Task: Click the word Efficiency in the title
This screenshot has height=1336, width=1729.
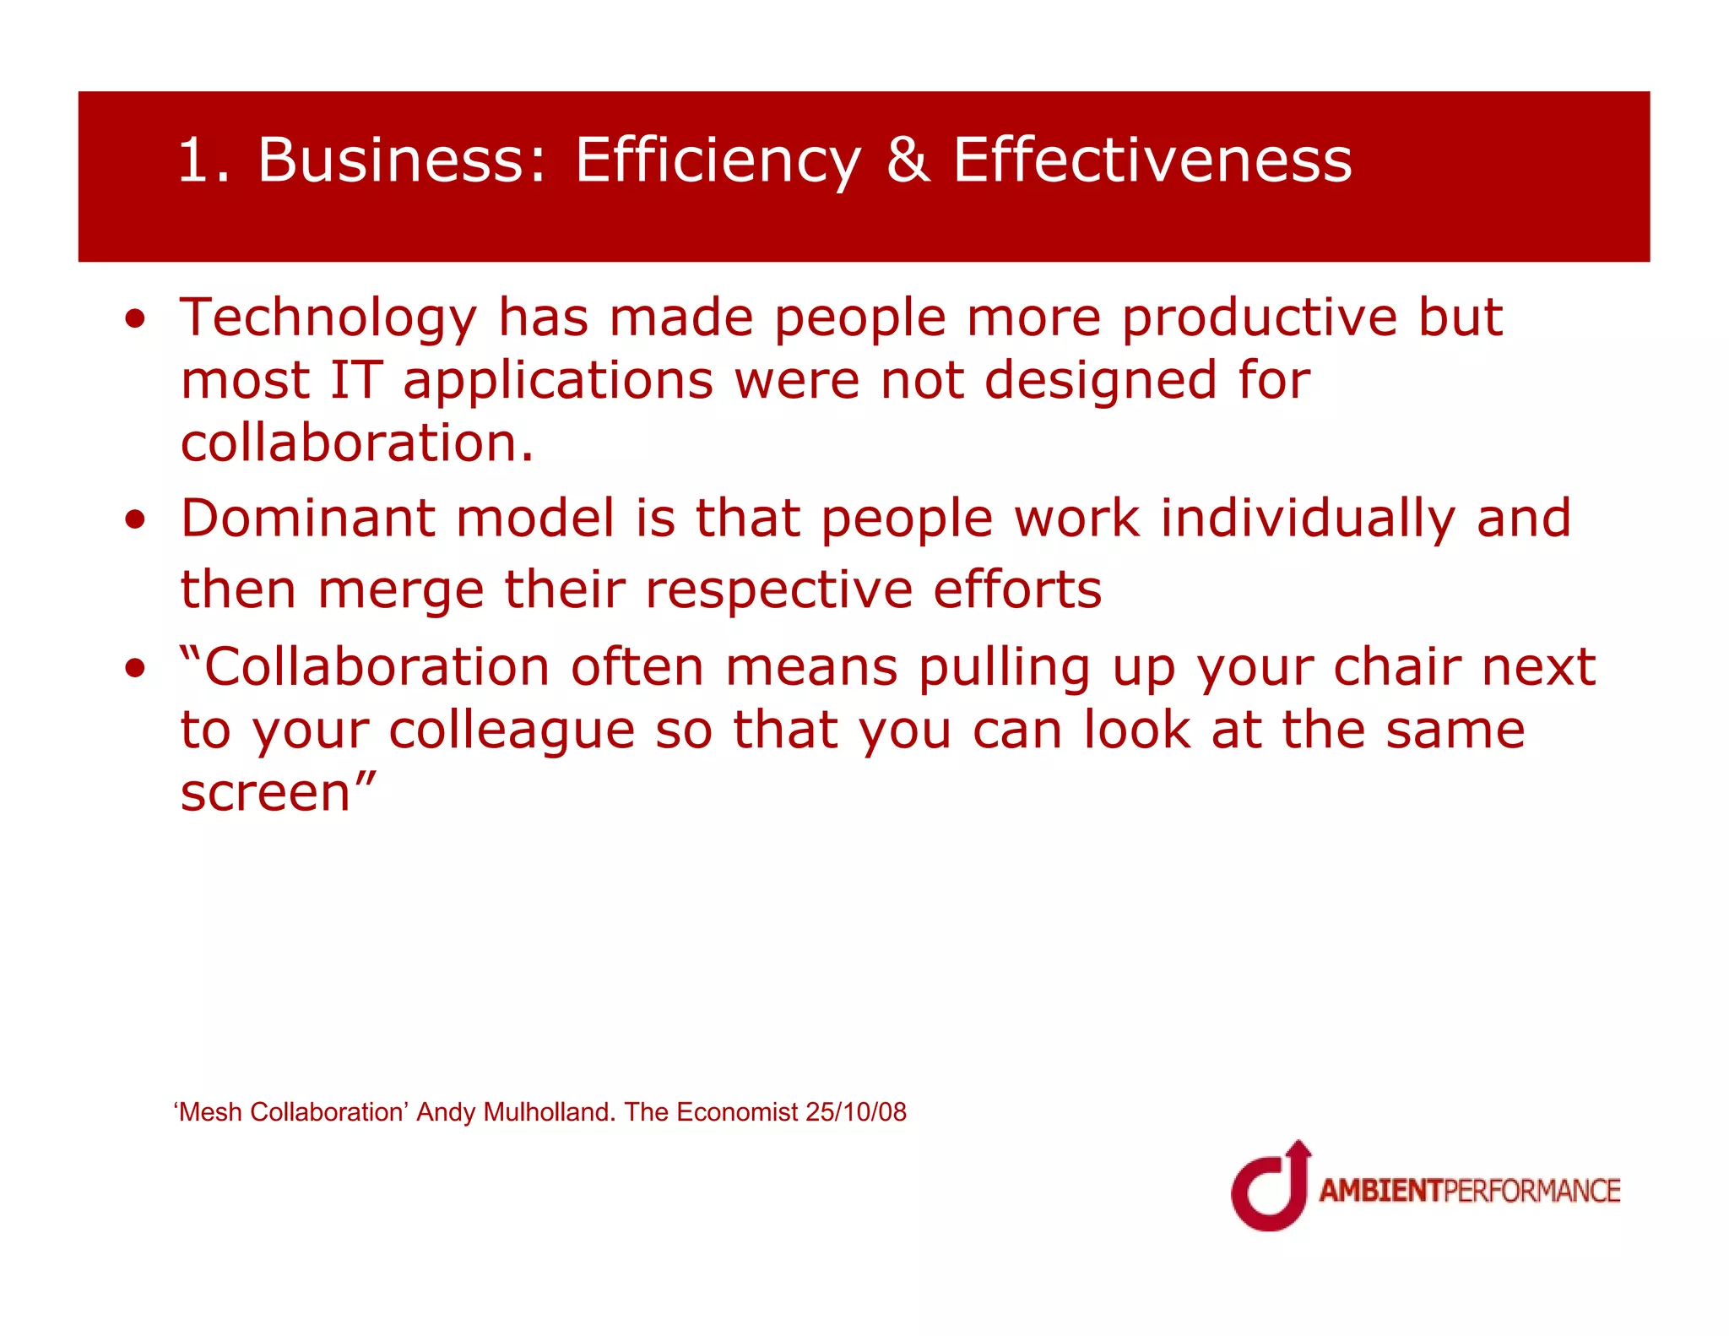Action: point(718,160)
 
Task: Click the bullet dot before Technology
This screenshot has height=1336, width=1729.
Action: point(135,319)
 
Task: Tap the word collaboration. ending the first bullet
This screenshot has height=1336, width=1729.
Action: point(357,443)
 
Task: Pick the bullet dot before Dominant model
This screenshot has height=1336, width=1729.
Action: point(135,519)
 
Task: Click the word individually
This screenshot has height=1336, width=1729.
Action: point(1307,519)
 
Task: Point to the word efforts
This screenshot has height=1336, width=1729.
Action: point(1016,589)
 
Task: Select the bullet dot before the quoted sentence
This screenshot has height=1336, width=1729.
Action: point(135,669)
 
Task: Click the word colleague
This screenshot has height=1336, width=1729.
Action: point(511,730)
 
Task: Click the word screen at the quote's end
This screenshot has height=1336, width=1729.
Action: point(265,793)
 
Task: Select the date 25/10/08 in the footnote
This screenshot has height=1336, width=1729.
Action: point(855,1112)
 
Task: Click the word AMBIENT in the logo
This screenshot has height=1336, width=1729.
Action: point(1380,1191)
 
